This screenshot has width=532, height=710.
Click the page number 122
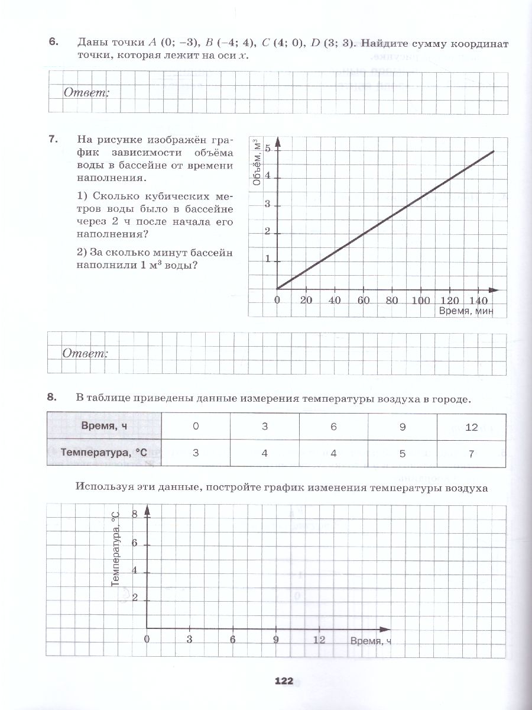pyautogui.click(x=284, y=681)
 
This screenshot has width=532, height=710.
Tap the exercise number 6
pyautogui.click(x=53, y=43)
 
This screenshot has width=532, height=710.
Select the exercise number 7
pyautogui.click(x=53, y=140)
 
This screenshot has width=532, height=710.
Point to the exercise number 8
pyautogui.click(x=53, y=398)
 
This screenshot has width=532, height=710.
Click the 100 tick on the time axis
pyautogui.click(x=421, y=300)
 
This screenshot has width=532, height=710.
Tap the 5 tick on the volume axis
pyautogui.click(x=268, y=149)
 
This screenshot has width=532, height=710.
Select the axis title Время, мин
pyautogui.click(x=466, y=311)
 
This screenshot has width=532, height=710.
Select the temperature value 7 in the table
pyautogui.click(x=471, y=453)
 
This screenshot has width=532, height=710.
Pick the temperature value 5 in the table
pyautogui.click(x=403, y=453)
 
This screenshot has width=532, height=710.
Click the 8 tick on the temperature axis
pyautogui.click(x=134, y=515)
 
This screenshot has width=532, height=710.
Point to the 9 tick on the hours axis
pyautogui.click(x=275, y=640)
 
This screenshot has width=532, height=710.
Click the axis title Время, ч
pyautogui.click(x=371, y=641)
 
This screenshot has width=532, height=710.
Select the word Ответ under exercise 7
pyautogui.click(x=86, y=353)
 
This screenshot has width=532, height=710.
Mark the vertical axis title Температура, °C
pyautogui.click(x=115, y=548)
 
